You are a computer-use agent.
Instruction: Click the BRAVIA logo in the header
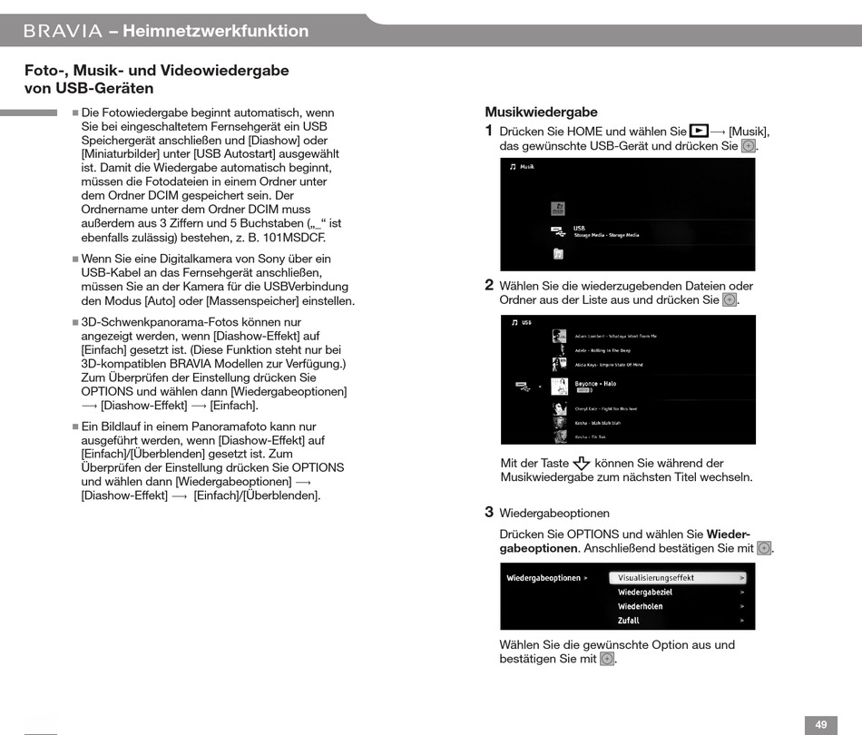(63, 31)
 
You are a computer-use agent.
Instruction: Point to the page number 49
(820, 724)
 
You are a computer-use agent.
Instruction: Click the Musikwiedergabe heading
(541, 113)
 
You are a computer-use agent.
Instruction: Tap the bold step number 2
(489, 285)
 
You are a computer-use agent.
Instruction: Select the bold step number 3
(489, 512)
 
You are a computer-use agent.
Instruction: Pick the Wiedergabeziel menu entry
(645, 592)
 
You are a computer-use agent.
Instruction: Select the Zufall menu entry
(629, 621)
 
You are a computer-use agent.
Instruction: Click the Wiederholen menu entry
(641, 606)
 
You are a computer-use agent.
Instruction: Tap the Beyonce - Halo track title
(595, 384)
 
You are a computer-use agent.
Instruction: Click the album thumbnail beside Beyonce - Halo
(559, 387)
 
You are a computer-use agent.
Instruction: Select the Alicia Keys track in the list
(608, 365)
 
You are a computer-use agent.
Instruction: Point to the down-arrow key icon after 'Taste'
(582, 464)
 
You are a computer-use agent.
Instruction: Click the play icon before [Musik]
(699, 131)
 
